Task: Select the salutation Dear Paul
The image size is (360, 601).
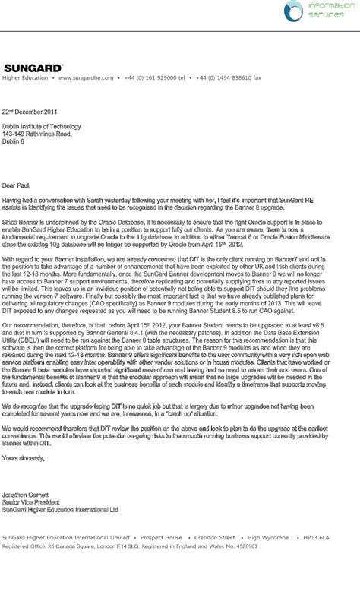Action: click(x=18, y=184)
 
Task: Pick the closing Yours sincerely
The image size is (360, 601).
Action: click(x=24, y=458)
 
